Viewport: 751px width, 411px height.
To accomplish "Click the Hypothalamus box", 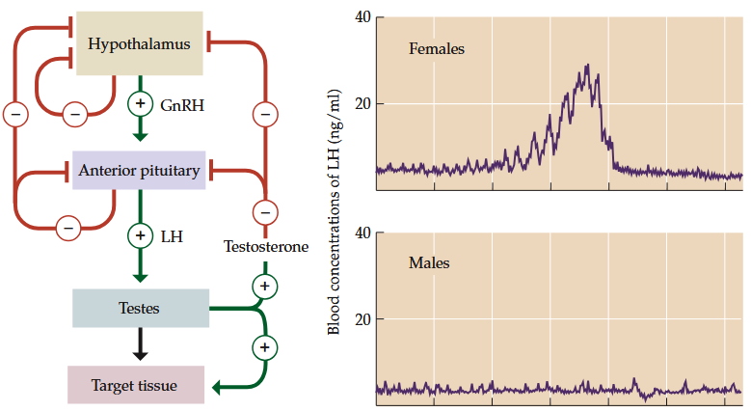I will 139,43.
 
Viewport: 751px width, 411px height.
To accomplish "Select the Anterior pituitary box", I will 139,171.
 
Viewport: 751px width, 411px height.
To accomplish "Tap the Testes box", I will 140,309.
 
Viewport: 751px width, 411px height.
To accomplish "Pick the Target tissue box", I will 135,385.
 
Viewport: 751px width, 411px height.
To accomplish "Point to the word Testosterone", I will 265,247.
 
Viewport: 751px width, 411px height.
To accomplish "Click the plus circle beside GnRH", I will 141,104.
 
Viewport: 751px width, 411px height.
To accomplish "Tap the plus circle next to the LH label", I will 141,234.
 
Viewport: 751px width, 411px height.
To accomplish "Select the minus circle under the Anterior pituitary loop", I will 67,228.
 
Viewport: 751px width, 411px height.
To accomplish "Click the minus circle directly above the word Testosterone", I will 265,210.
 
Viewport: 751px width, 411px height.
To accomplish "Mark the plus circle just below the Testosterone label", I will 265,286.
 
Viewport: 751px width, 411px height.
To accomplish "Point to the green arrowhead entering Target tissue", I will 216,387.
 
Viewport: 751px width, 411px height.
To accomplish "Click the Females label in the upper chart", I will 437,48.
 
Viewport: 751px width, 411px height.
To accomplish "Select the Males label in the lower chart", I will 428,262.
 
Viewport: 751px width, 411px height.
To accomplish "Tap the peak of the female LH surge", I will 586,67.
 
